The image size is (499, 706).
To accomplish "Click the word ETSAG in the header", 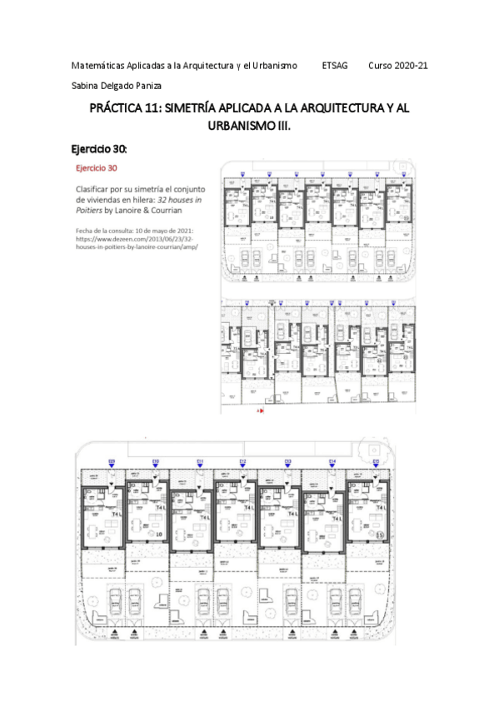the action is [334, 65].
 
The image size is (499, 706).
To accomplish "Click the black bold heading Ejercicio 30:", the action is [100, 150].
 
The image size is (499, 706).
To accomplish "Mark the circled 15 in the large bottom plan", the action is [377, 534].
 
